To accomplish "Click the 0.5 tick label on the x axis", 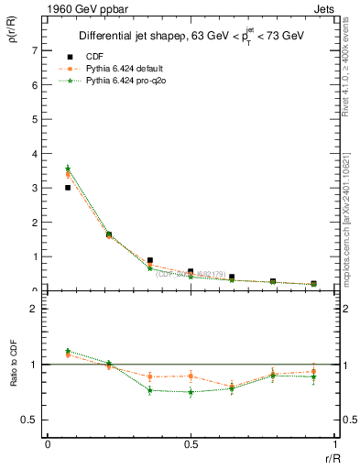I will (191, 443).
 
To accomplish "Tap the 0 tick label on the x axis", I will (48, 443).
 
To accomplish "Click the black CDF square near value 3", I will (68, 188).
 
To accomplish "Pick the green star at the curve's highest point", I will (68, 168).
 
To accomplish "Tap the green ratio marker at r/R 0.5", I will (191, 392).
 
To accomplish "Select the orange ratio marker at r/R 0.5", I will (191, 376).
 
